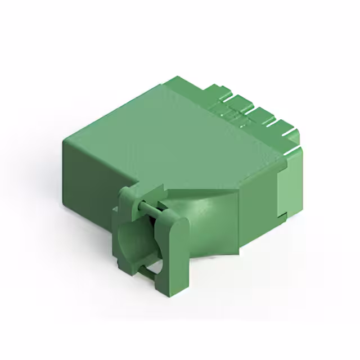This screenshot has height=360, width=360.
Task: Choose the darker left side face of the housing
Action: (90, 169)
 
